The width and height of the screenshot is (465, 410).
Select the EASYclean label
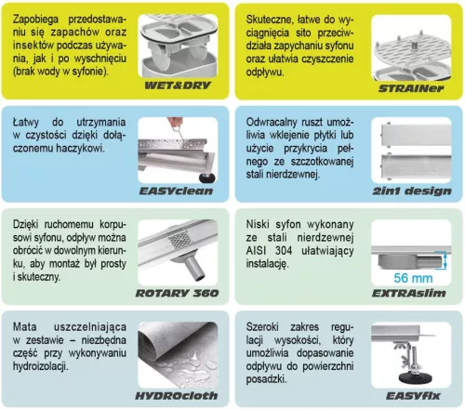179,192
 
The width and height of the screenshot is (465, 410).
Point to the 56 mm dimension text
416,276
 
